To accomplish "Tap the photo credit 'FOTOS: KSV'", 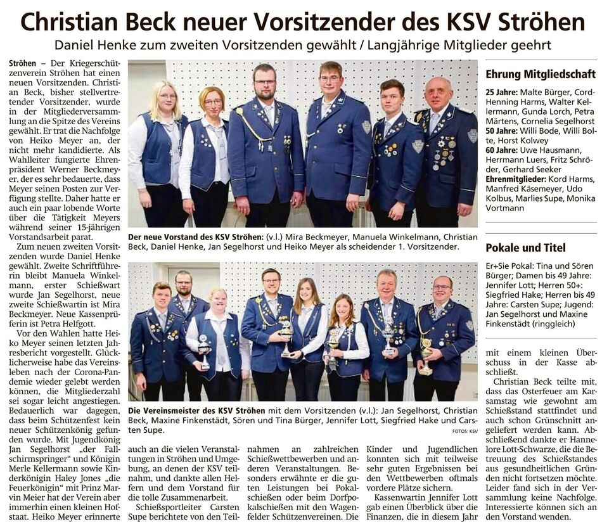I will point(465,430).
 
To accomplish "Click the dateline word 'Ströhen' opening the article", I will point(23,65).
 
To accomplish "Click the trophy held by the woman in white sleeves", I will point(203,351).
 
